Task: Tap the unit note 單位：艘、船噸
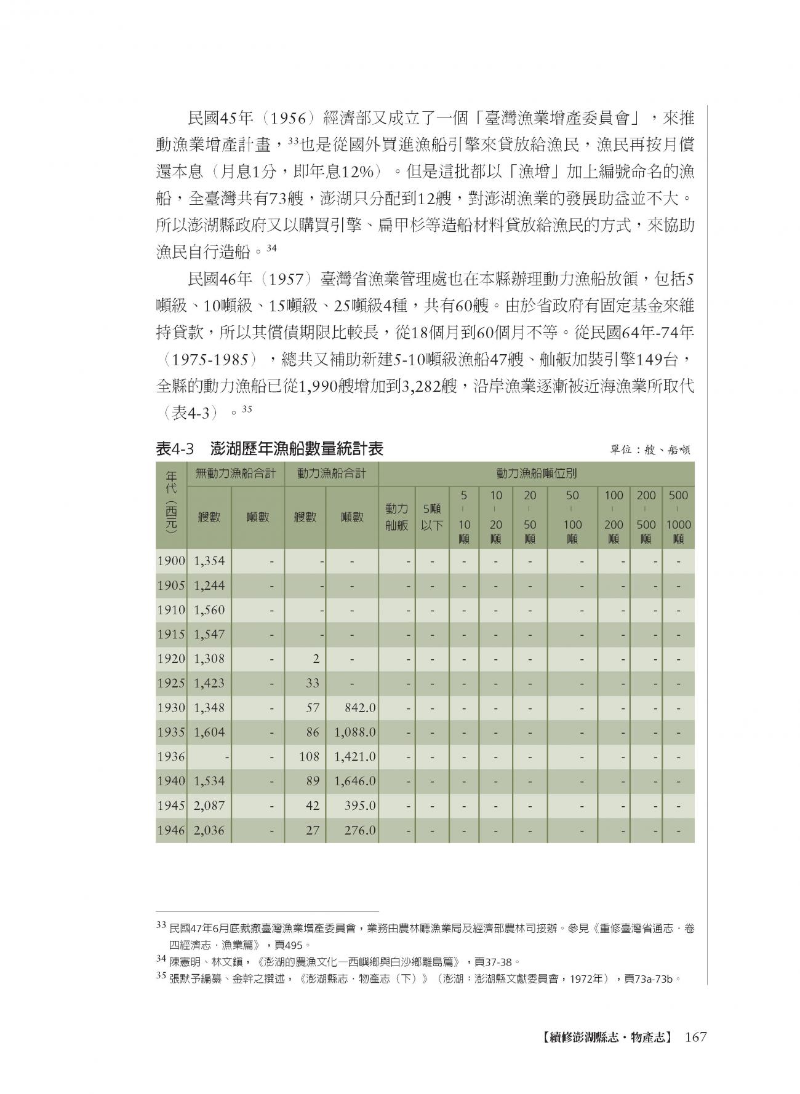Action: [650, 450]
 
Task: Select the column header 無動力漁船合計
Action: [236, 474]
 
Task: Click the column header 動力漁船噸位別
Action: [536, 474]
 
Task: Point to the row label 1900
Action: [171, 561]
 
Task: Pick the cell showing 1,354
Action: [209, 561]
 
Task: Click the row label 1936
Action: [171, 756]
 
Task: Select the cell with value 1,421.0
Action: [355, 756]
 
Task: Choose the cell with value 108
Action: [310, 756]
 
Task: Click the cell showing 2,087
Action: [209, 806]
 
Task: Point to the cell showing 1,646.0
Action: [355, 781]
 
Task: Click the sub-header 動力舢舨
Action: [397, 517]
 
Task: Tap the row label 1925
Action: [171, 683]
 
